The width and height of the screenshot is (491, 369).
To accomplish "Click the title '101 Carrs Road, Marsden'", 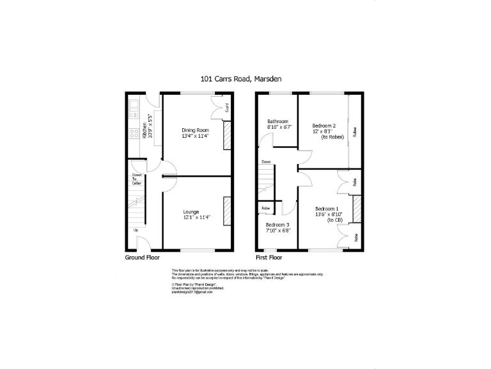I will [241, 79].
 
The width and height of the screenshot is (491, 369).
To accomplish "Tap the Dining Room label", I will [196, 130].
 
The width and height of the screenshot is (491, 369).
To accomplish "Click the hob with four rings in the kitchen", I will [135, 134].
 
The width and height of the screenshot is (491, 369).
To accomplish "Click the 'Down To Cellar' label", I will [136, 179].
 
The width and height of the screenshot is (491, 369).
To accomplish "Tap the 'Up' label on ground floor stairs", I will [136, 230].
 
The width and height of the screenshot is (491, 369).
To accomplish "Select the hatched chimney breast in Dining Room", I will [226, 136].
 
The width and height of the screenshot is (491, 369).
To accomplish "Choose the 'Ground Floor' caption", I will [143, 258].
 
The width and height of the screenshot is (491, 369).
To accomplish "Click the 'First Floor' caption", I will [269, 258].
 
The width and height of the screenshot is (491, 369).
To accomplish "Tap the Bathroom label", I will [278, 121].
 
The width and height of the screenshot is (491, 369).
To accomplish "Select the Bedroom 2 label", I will [324, 125].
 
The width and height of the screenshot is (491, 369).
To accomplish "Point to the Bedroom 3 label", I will [278, 225].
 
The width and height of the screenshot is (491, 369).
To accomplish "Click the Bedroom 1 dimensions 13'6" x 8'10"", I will [329, 215].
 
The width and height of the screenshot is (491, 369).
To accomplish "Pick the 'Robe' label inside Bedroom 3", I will [265, 208].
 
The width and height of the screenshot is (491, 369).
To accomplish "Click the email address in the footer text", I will [192, 292].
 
